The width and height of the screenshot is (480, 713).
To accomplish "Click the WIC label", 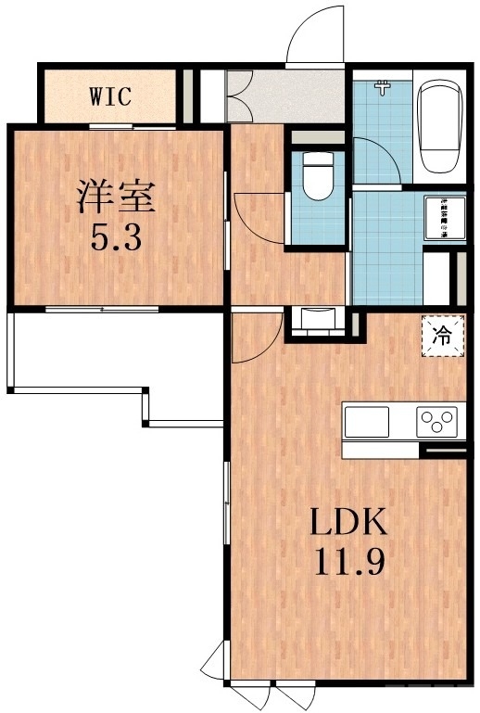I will (x=109, y=95).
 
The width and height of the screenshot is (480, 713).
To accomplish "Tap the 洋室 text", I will (x=116, y=197).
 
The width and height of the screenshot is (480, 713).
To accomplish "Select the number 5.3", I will (x=116, y=239).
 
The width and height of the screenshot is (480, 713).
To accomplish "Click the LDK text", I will (x=347, y=525).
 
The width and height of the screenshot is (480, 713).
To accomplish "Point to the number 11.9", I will (x=347, y=563).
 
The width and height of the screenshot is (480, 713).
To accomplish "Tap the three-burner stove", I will (x=436, y=423).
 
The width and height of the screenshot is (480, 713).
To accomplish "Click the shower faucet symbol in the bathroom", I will (x=381, y=88).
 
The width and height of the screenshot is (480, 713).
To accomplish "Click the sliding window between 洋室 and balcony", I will (x=102, y=308).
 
